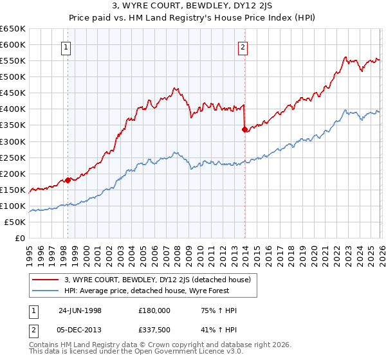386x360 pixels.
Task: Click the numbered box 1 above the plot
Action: click(x=68, y=46)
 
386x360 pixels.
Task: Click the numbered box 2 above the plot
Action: click(x=243, y=46)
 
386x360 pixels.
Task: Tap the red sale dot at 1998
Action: click(x=68, y=181)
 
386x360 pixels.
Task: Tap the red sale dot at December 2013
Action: click(x=244, y=129)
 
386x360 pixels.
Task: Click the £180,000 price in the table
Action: click(x=154, y=310)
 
